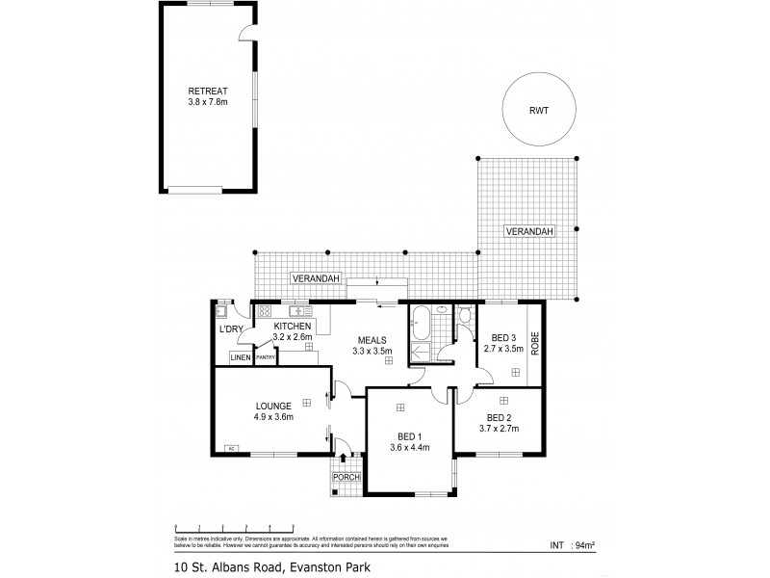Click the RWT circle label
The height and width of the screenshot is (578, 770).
click(x=539, y=110)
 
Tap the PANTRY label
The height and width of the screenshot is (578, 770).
click(x=267, y=358)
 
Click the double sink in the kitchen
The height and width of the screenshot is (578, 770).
click(x=298, y=311)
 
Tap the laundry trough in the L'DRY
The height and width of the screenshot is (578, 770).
click(x=221, y=311)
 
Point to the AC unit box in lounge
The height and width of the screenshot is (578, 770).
click(x=231, y=448)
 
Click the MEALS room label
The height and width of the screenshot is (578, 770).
click(x=372, y=340)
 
